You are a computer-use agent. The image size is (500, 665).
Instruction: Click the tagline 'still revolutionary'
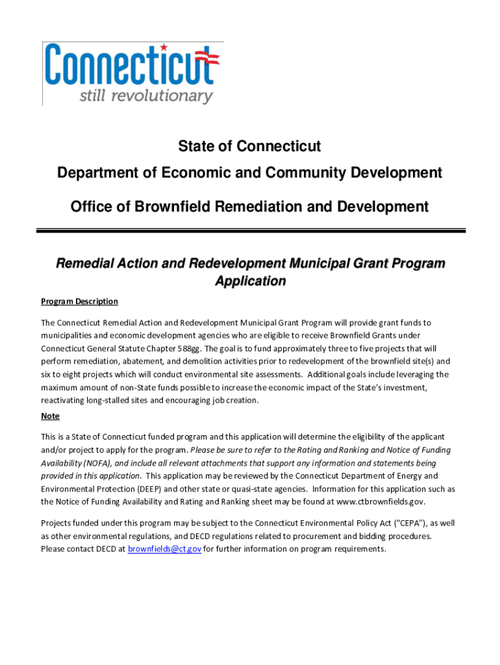point(146,96)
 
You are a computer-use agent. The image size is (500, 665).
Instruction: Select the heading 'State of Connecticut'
point(249,147)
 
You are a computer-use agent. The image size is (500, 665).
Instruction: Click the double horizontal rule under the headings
point(250,230)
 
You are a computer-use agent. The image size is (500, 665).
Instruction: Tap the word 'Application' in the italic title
point(250,281)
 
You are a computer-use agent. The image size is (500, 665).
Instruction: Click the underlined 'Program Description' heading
point(79,301)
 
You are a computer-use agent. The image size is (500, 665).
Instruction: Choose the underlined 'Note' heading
point(50,416)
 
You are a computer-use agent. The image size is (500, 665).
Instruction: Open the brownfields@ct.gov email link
point(164,549)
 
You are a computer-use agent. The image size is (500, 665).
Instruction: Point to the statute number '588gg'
point(195,348)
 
